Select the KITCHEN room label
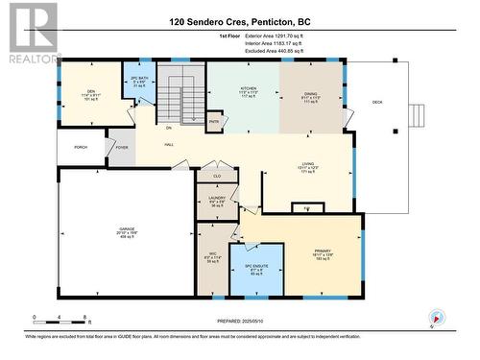coord(248,87)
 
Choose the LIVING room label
coord(307,163)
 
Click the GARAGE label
coord(127,230)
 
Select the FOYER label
coord(122,148)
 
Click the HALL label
coord(168,144)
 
